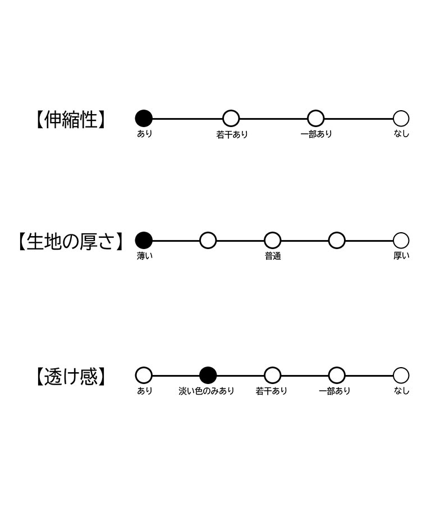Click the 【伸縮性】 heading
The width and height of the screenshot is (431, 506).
70,120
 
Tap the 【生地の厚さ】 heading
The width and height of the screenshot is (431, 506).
70,241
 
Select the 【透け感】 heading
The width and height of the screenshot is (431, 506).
70,377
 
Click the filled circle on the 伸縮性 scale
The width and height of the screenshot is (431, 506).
144,119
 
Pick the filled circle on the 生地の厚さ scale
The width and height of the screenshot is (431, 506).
144,241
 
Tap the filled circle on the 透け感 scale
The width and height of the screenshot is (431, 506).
208,376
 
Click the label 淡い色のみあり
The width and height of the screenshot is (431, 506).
207,391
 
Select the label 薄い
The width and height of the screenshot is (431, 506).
145,256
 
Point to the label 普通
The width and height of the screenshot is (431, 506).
273,256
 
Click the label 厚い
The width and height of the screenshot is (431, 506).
401,256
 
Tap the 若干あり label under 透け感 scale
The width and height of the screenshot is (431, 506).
271,391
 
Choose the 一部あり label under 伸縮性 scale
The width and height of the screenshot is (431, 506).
316,134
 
